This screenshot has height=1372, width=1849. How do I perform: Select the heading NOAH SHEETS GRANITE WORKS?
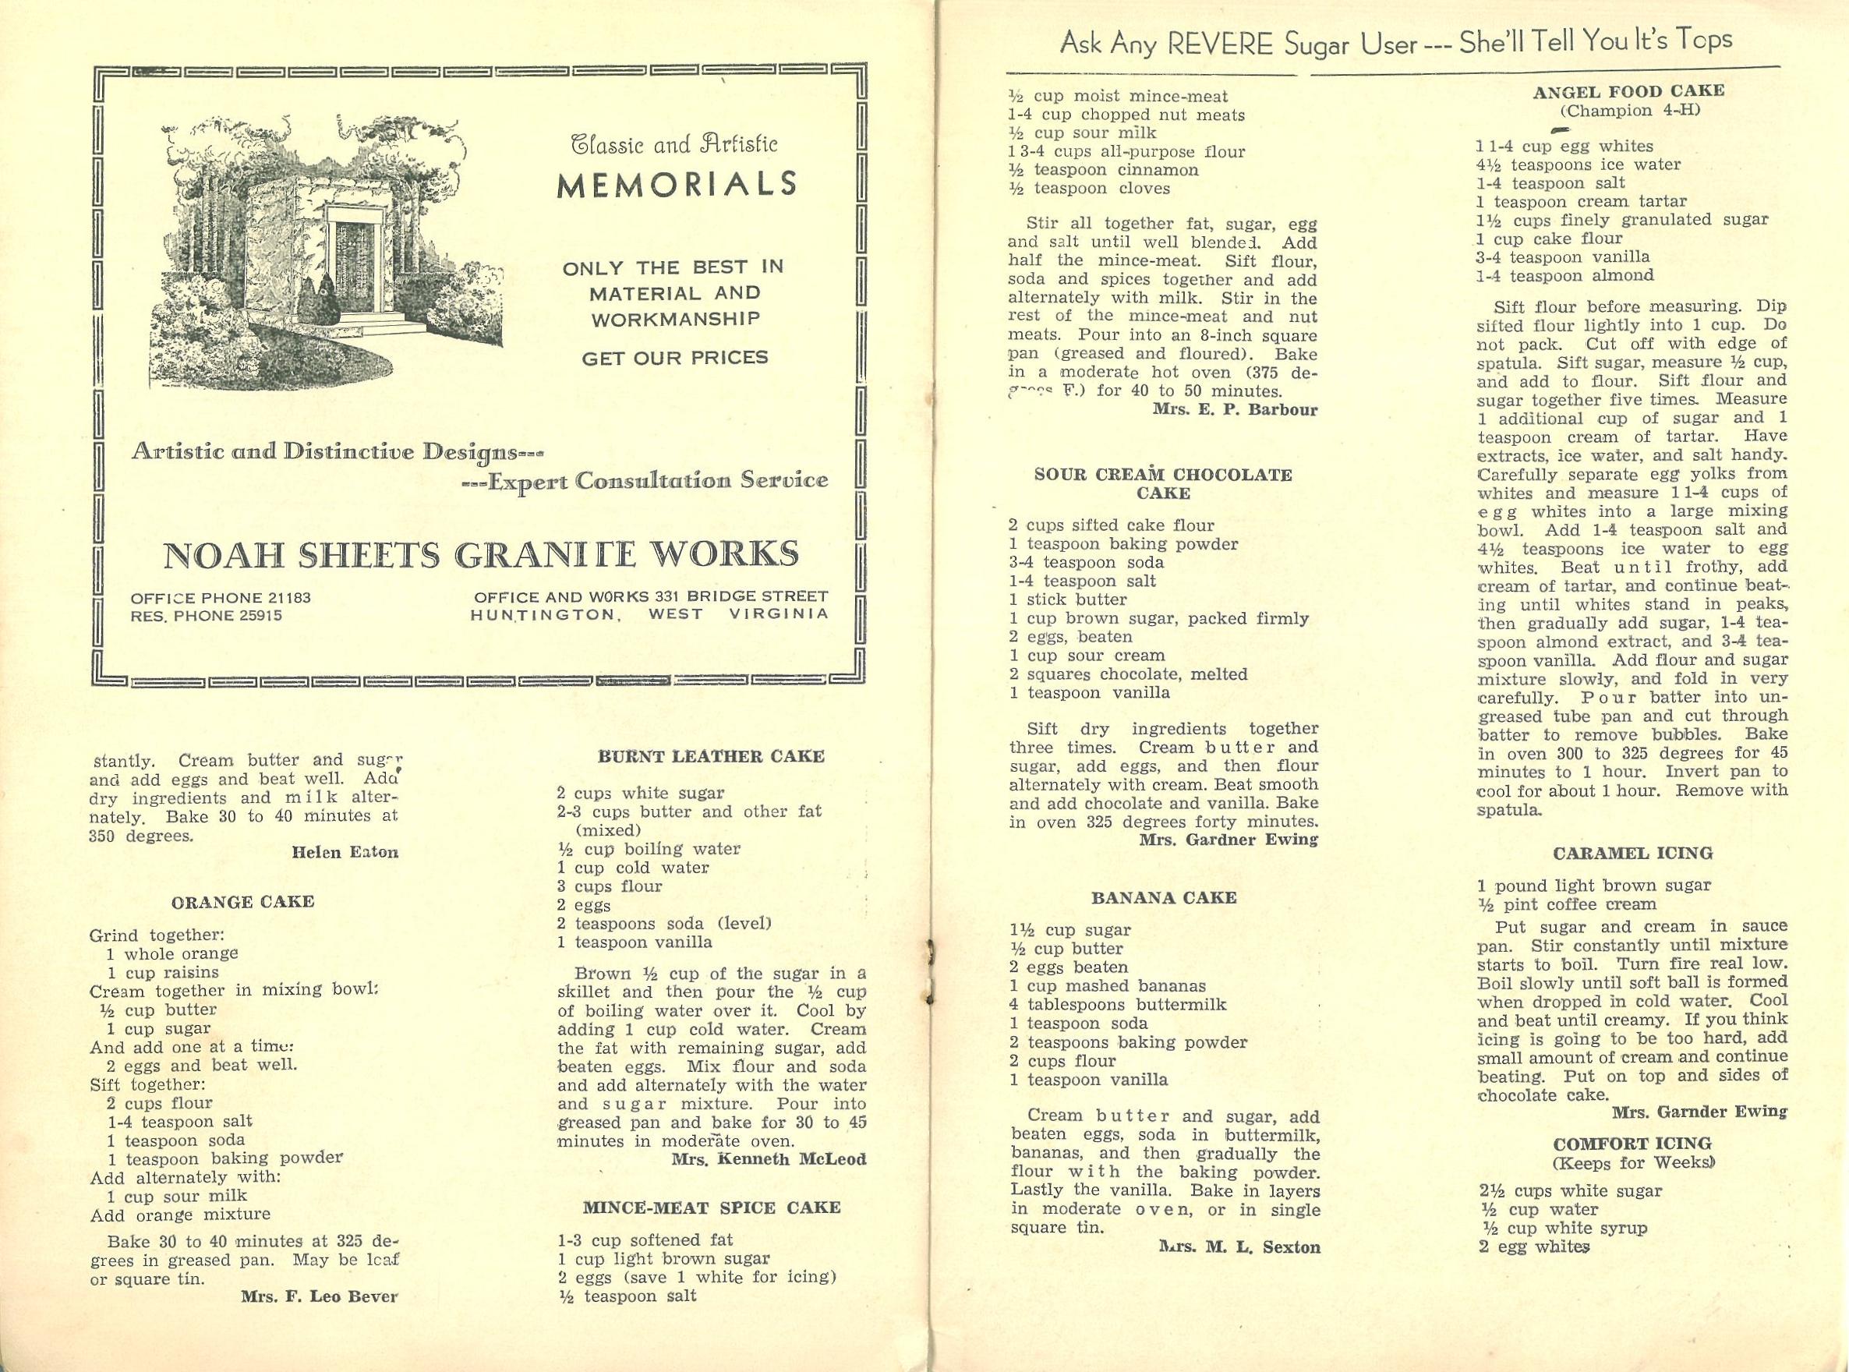(x=481, y=555)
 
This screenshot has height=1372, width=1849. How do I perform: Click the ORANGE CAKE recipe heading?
(x=243, y=902)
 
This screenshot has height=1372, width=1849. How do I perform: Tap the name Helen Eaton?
(x=345, y=852)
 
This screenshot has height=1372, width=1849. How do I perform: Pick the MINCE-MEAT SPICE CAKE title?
(x=712, y=1207)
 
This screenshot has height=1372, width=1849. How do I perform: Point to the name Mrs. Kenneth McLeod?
(x=768, y=1159)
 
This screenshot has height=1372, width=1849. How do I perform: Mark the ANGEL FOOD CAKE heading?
(x=1629, y=91)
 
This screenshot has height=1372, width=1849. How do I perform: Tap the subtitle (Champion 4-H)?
(x=1629, y=111)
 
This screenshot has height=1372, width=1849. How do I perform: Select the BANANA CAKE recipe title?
(x=1164, y=898)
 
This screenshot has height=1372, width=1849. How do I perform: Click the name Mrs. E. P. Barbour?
(x=1235, y=409)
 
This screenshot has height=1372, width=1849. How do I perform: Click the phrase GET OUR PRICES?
(x=674, y=358)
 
